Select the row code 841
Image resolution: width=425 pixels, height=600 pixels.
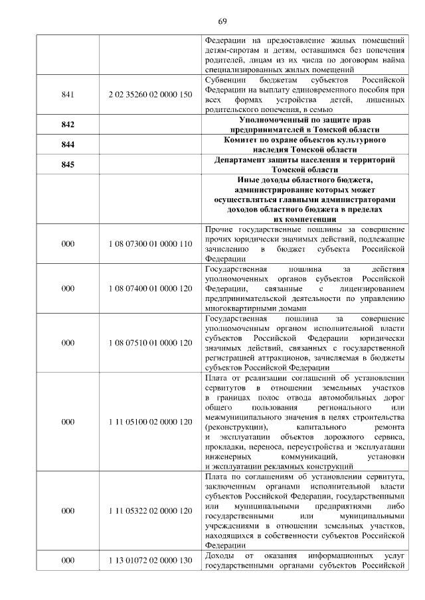tap(67, 94)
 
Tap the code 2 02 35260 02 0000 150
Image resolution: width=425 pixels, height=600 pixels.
tap(149, 94)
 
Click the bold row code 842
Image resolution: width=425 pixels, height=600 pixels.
tap(67, 125)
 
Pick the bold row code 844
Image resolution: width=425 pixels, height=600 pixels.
tap(67, 145)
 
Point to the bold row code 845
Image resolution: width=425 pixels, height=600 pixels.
tap(67, 165)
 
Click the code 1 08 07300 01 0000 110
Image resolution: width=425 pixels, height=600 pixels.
tap(149, 244)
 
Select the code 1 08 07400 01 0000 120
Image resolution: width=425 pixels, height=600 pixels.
tap(149, 288)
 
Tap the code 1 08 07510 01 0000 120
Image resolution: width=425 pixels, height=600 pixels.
tap(149, 343)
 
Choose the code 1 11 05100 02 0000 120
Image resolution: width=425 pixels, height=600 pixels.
tap(149, 421)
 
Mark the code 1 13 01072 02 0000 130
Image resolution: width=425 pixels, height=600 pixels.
tap(149, 560)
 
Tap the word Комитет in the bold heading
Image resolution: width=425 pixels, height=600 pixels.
tap(245, 140)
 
